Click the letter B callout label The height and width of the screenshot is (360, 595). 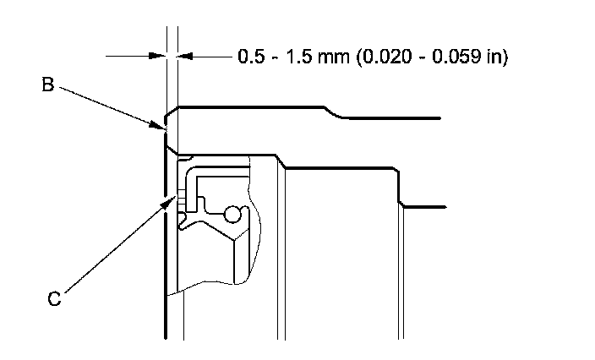tap(48, 85)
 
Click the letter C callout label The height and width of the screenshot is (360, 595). tap(54, 298)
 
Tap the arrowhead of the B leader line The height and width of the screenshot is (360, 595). tap(160, 125)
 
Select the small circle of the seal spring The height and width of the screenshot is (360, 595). tap(232, 215)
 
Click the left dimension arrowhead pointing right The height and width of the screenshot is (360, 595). tap(157, 56)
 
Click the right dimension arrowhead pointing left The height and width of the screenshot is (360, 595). tap(186, 56)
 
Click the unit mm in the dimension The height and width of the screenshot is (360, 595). tap(334, 57)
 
